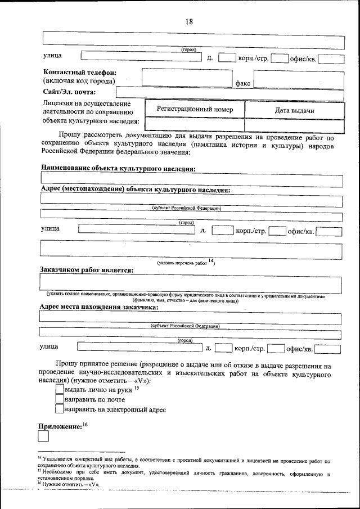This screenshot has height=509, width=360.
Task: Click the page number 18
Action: pyautogui.click(x=189, y=21)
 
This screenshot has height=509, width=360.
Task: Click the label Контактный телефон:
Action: pyautogui.click(x=80, y=72)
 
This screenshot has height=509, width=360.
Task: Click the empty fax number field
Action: pyautogui.click(x=298, y=79)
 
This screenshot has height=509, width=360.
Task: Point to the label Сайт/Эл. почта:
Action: pyautogui.click(x=69, y=92)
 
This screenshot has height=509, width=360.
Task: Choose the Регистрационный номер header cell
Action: pyautogui.click(x=195, y=110)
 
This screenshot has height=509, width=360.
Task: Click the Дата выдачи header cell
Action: pyautogui.click(x=294, y=110)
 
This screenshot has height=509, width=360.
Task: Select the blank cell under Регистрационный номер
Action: pyautogui.click(x=195, y=125)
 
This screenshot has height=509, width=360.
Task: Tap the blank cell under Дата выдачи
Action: pyautogui.click(x=294, y=125)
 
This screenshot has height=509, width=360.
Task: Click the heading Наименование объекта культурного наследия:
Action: pyautogui.click(x=119, y=168)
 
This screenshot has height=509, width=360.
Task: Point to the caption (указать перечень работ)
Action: pyautogui.click(x=185, y=262)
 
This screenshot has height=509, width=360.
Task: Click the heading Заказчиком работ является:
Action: pyautogui.click(x=86, y=270)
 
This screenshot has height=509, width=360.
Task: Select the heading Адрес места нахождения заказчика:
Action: pyautogui.click(x=99, y=307)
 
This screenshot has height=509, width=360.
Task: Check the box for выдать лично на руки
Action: pyautogui.click(x=60, y=388)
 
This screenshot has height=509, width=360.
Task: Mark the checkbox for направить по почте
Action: pyautogui.click(x=60, y=399)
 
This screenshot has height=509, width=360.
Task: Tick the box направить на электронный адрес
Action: pyautogui.click(x=60, y=409)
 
